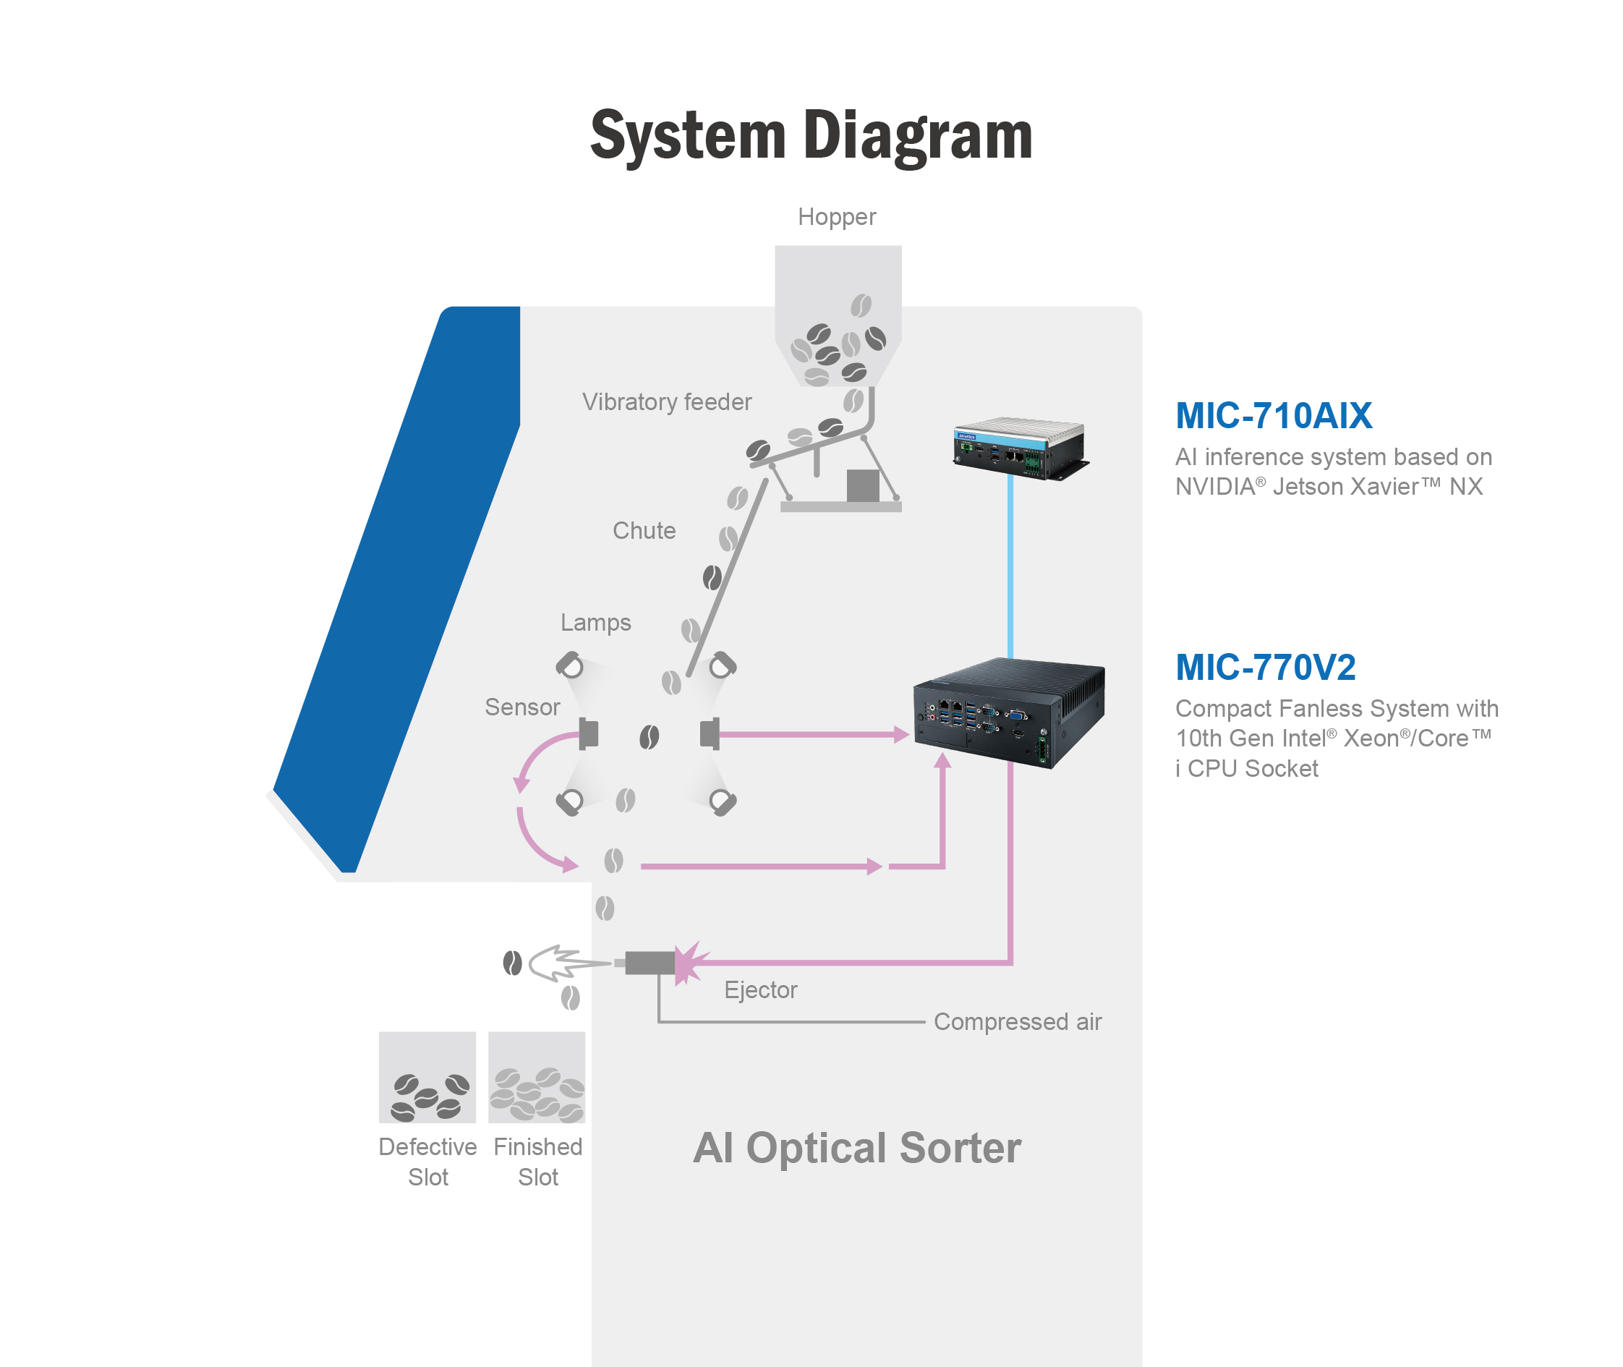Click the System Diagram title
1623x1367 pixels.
[811, 137]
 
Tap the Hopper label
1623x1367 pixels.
[836, 217]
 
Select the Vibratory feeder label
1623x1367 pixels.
[667, 402]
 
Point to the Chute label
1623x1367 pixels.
[644, 531]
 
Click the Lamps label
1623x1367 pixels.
[595, 623]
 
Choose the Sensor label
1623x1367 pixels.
[521, 707]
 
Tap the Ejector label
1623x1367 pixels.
[760, 990]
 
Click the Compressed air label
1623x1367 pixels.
[1018, 1022]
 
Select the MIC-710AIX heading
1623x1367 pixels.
[1274, 416]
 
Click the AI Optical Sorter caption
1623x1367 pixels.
[857, 1148]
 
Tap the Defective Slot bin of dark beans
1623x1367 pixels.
[427, 1077]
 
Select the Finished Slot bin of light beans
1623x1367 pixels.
[537, 1077]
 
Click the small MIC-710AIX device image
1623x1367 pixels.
[1020, 448]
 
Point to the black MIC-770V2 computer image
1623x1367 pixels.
[1009, 712]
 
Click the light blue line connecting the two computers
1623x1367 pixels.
[1010, 566]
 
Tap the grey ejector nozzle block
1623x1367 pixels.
[649, 963]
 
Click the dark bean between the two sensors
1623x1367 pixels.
[649, 737]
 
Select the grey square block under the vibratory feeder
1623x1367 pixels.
[863, 486]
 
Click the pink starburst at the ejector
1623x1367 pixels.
[688, 963]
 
